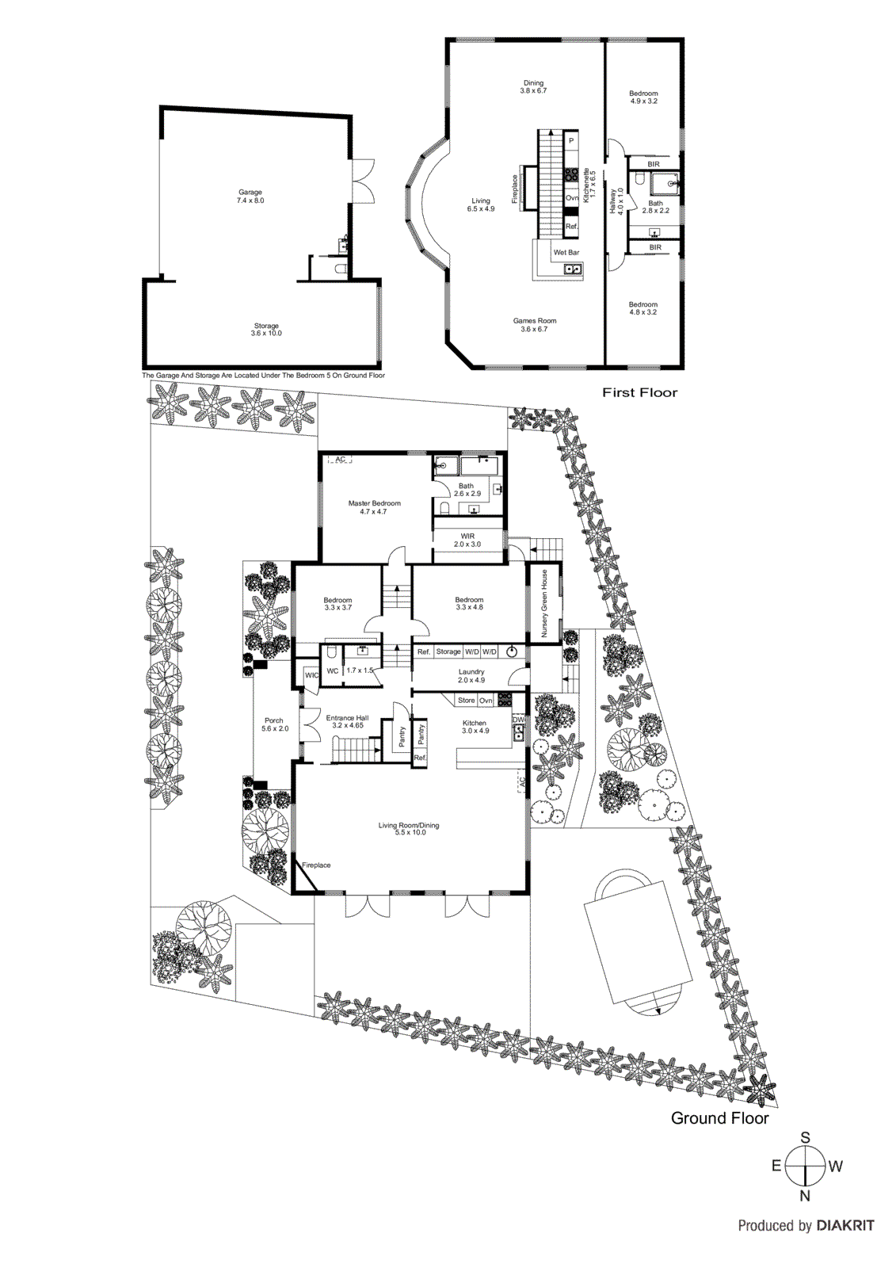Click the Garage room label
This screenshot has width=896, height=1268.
point(250,197)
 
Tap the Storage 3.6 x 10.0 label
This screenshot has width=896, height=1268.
point(266,330)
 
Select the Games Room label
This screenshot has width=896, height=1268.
point(535,325)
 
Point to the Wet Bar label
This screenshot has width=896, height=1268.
point(566,253)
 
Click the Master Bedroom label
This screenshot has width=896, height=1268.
point(374,507)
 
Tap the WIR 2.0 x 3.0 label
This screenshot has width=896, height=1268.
point(467,540)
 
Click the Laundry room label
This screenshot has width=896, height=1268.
point(471,676)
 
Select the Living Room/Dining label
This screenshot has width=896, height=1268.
point(409,829)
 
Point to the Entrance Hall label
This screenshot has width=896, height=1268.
point(347,721)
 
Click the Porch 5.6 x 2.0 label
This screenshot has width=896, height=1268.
point(274,724)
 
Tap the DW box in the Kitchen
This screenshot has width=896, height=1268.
point(519,720)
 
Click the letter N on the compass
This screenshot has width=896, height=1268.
point(805,1196)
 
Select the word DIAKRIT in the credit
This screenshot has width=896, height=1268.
point(845,1226)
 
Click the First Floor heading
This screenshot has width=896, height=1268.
point(640,392)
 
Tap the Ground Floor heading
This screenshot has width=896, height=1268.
point(719,1118)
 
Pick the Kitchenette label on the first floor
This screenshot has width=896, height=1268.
point(587,184)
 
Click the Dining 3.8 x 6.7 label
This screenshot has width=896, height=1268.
point(533,86)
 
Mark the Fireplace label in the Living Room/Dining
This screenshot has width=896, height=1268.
point(316,865)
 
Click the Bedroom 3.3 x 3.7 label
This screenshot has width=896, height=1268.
point(337,604)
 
